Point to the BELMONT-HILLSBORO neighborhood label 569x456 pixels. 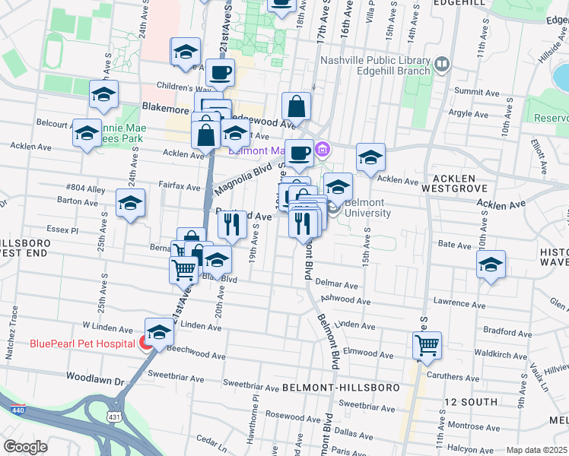tap(341, 388)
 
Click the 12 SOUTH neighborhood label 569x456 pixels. tap(471, 401)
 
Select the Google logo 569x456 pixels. tap(25, 447)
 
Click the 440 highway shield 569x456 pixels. tap(14, 410)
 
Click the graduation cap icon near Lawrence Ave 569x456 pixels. tap(491, 264)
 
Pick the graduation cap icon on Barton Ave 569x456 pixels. tap(130, 203)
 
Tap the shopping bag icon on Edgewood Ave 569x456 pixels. tap(296, 106)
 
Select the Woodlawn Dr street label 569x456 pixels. tap(94, 378)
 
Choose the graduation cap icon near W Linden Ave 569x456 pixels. tap(158, 331)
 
